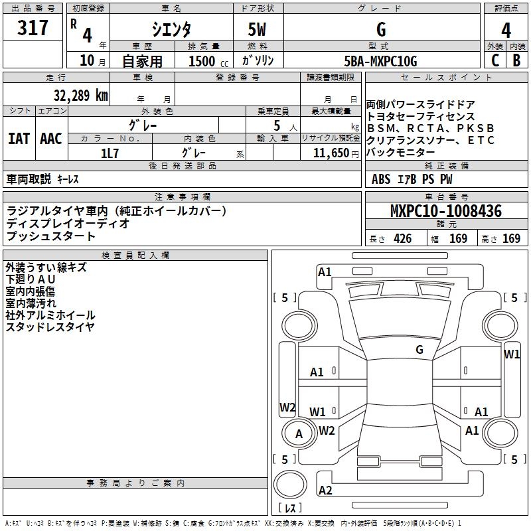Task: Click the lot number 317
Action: (33, 28)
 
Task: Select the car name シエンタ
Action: (171, 30)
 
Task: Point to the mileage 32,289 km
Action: (80, 95)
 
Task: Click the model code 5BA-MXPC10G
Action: (381, 61)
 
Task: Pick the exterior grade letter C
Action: (494, 60)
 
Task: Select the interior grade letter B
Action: (516, 60)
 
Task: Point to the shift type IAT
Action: (19, 139)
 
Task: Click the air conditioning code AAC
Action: (51, 139)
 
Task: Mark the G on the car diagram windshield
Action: (419, 349)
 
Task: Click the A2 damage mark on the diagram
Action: (325, 491)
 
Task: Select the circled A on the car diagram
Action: (299, 434)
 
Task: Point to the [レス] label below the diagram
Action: (289, 508)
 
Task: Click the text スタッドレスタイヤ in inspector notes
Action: (50, 327)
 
